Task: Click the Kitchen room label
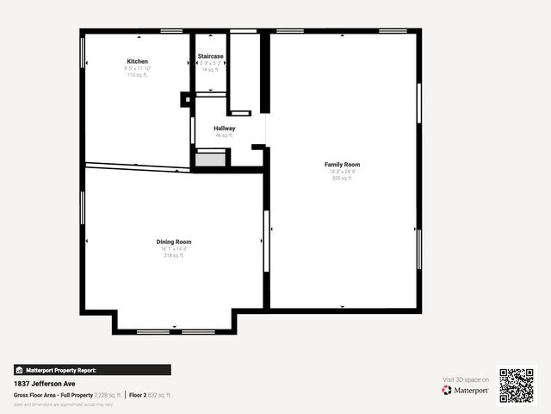pos(138,62)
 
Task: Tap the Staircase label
pos(211,56)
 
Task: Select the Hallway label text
pos(225,129)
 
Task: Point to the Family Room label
pos(342,164)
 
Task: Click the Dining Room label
pos(174,242)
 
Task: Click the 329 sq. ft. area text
pos(342,179)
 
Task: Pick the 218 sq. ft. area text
pos(174,255)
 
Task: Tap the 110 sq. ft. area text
pos(138,75)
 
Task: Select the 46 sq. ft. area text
pos(225,135)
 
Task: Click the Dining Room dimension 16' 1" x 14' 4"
pos(174,249)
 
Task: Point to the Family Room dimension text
pos(342,172)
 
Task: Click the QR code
pos(517,386)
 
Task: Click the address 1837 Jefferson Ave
pos(42,383)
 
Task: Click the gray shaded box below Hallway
pos(210,159)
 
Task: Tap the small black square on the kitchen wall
pos(185,99)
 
